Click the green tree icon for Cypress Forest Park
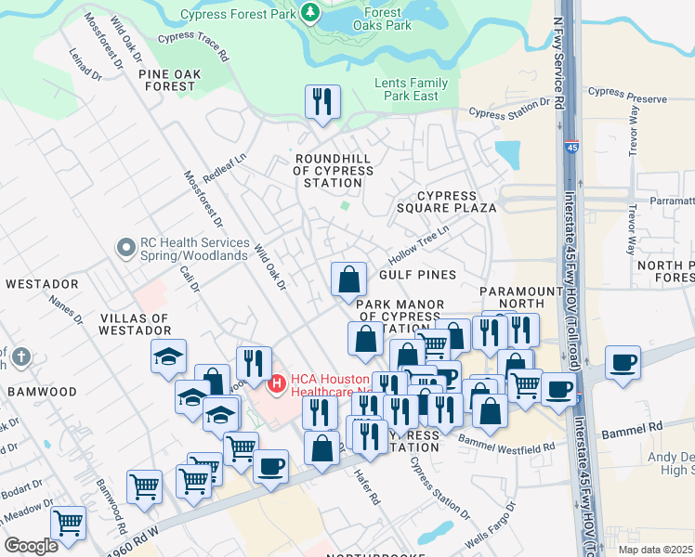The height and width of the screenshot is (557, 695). [x=310, y=12]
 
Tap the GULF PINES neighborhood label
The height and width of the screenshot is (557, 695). [x=417, y=275]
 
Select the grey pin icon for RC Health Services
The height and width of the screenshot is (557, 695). [x=125, y=248]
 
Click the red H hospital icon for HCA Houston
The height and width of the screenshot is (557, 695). [x=276, y=383]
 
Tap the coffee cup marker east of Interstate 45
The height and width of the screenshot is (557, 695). [x=623, y=362]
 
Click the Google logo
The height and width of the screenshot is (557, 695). [x=31, y=546]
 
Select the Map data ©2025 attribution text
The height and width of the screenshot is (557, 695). [x=656, y=550]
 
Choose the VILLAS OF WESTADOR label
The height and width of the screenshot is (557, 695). [x=135, y=324]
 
